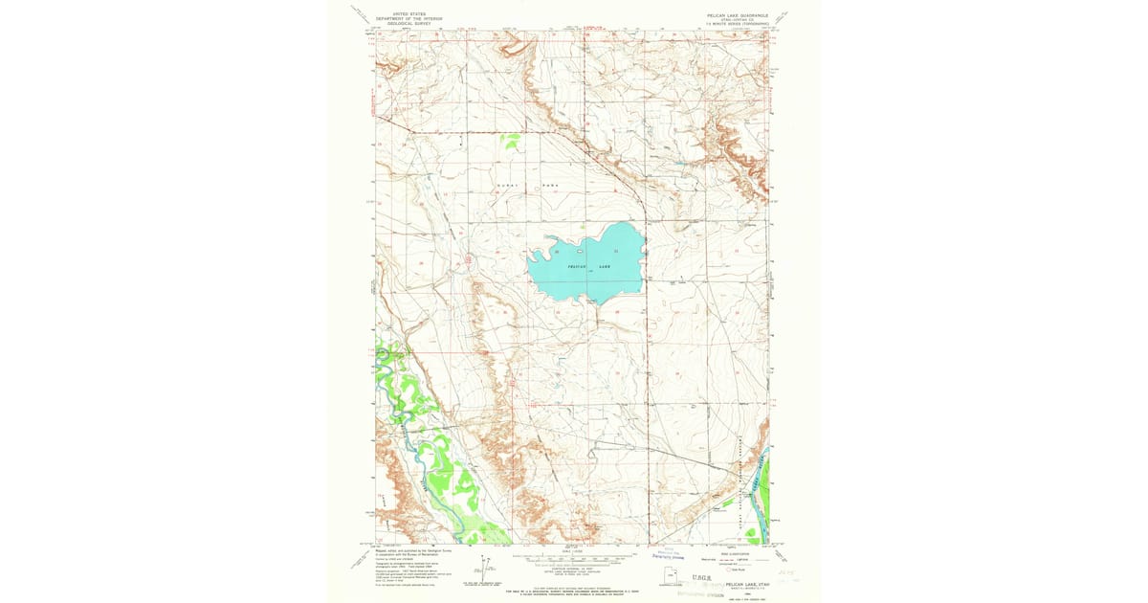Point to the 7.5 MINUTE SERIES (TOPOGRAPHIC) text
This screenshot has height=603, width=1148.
[x=737, y=23]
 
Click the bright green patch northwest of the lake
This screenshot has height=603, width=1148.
[x=511, y=142]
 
